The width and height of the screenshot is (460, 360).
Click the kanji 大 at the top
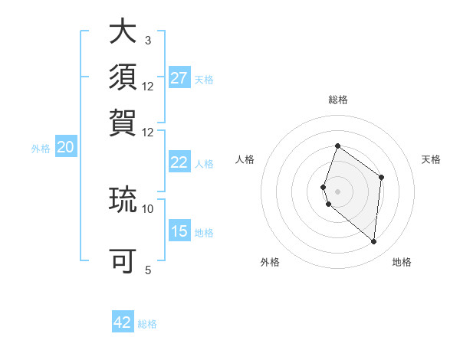pyautogui.click(x=123, y=34)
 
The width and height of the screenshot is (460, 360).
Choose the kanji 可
pyautogui.click(x=123, y=261)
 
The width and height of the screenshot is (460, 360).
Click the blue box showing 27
pyautogui.click(x=179, y=78)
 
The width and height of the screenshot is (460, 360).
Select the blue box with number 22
pyautogui.click(x=179, y=162)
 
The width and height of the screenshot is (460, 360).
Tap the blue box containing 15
pyautogui.click(x=179, y=232)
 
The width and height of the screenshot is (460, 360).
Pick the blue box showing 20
pyautogui.click(x=65, y=148)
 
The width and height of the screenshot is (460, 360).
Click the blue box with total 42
pyautogui.click(x=123, y=322)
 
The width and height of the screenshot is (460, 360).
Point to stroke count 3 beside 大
pyautogui.click(x=148, y=40)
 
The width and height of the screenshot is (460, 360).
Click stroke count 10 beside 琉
pyautogui.click(x=148, y=208)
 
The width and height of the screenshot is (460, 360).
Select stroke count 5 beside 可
pyautogui.click(x=148, y=270)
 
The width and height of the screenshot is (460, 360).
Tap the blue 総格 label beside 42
pyautogui.click(x=147, y=324)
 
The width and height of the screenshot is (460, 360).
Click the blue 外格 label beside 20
pyautogui.click(x=41, y=149)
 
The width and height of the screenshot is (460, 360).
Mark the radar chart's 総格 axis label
pyautogui.click(x=337, y=100)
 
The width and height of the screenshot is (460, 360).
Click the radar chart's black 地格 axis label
pyautogui.click(x=402, y=263)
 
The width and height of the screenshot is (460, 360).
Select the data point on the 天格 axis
pyautogui.click(x=381, y=177)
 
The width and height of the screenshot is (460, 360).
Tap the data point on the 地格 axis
pyautogui.click(x=373, y=241)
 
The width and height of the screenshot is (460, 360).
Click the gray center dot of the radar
pyautogui.click(x=337, y=191)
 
